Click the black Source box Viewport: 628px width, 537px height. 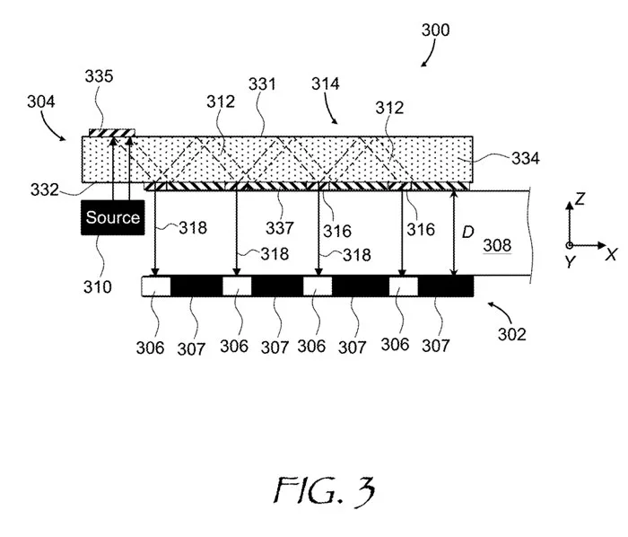112,217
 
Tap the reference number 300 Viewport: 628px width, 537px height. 435,30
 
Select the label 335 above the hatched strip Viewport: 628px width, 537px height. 99,75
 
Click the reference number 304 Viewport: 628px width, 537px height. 41,101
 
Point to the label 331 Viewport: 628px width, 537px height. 262,84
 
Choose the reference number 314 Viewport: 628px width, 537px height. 326,84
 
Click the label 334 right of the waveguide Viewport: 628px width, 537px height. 526,158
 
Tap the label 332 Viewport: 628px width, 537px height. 45,189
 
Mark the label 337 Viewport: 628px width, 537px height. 280,228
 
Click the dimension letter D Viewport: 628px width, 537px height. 467,232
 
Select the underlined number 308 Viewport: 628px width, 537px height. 497,245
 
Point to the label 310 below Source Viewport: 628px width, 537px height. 97,287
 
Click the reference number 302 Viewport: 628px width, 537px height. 511,334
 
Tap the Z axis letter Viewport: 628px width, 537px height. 580,198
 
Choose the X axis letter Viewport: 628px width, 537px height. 611,254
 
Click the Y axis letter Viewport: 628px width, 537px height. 570,261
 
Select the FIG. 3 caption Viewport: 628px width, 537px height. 325,490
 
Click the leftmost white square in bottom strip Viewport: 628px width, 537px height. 156,286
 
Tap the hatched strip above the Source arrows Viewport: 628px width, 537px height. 112,133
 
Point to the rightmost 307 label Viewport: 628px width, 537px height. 436,346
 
